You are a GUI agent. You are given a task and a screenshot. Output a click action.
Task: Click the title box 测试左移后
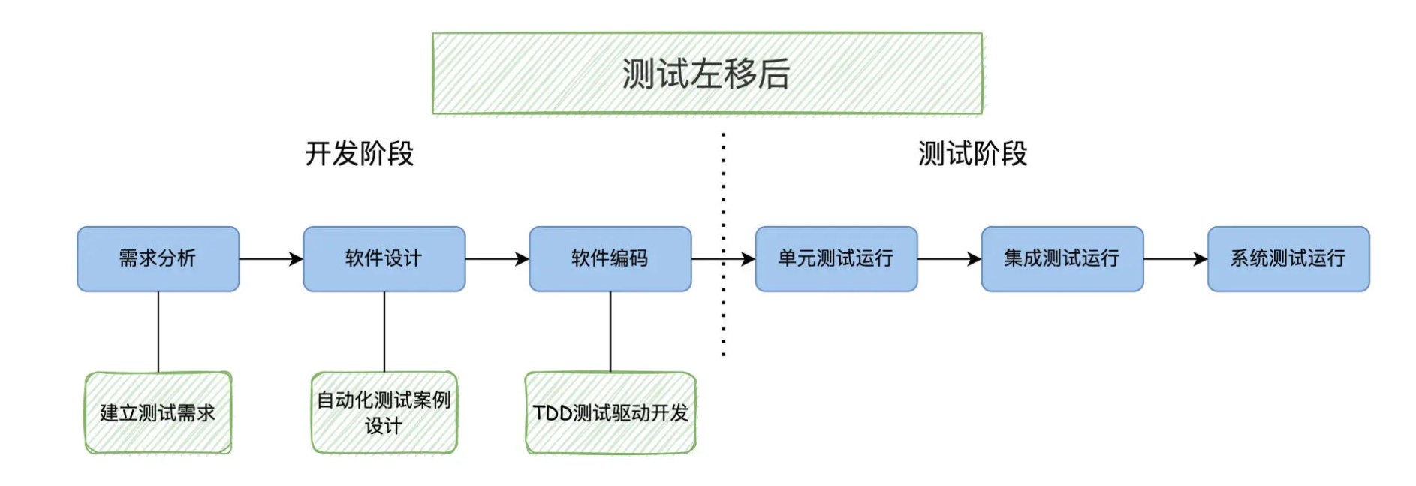[706, 74]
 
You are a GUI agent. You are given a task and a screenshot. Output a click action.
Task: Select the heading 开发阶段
[359, 154]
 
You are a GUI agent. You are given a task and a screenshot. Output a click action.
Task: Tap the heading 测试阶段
[972, 154]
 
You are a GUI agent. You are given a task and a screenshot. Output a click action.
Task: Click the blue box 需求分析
[158, 259]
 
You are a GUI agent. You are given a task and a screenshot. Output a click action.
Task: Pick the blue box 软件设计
[384, 259]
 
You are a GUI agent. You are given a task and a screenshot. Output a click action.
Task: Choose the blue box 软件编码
[610, 259]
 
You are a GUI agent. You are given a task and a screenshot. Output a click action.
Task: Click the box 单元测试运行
[836, 259]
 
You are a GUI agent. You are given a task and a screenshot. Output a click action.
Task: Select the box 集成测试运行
[1062, 259]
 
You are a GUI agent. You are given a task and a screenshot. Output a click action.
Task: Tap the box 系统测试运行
[1288, 259]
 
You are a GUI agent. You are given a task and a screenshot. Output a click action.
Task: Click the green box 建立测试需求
[158, 413]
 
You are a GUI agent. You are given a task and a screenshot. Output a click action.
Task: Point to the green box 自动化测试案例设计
[384, 413]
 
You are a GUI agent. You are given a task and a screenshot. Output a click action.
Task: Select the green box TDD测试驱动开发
[610, 413]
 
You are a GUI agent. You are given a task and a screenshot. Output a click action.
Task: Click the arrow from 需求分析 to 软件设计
[270, 259]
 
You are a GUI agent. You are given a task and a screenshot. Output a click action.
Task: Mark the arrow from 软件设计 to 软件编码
[496, 259]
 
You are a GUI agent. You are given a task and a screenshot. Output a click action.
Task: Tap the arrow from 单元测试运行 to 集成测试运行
[949, 259]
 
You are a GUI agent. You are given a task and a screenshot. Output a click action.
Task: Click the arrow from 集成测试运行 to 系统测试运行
[1175, 259]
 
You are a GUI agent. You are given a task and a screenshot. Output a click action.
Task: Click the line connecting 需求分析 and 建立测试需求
[158, 331]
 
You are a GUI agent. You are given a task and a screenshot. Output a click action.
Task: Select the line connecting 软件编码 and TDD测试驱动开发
[610, 331]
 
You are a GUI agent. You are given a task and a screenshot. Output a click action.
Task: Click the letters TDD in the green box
[552, 413]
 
